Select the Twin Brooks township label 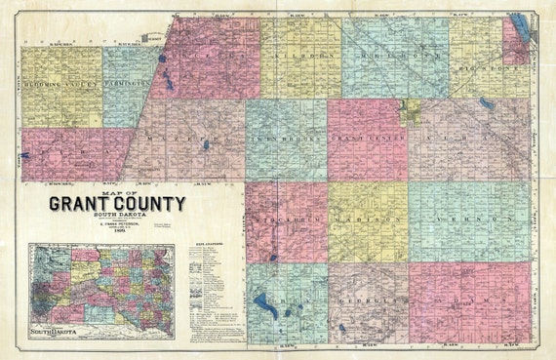coord(286,140)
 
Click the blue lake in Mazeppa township coord(206,146)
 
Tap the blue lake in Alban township coord(485,102)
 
